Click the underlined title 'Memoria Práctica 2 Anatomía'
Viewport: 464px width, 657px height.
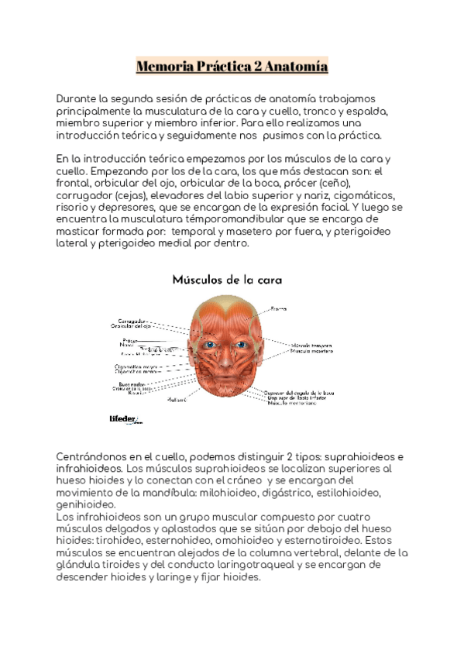[x=232, y=67]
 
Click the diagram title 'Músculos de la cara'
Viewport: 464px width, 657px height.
[x=227, y=279]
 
